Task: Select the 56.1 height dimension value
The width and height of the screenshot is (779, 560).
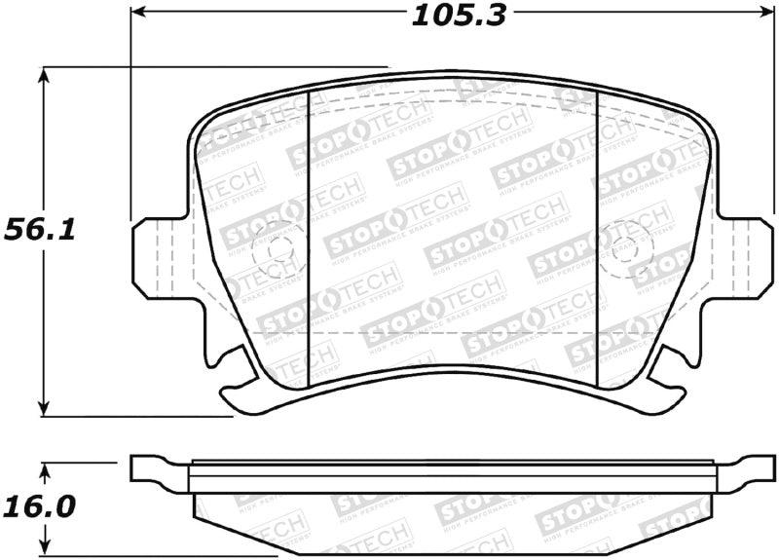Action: (42, 230)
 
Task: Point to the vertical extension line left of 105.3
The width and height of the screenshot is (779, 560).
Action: (130, 117)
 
